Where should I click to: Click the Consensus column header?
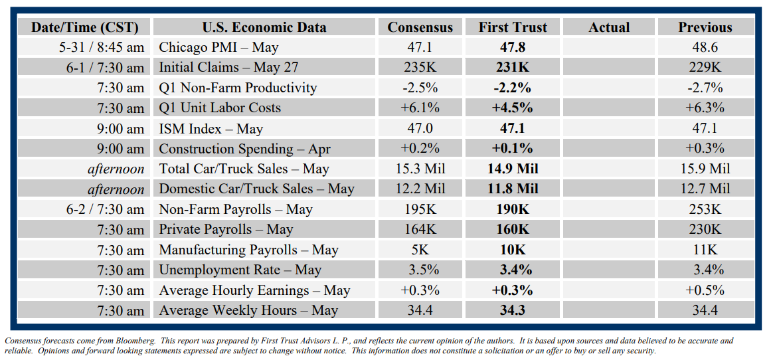[420, 27]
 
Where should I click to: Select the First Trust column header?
[513, 27]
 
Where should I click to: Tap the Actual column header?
[609, 27]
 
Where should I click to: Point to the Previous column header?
[705, 27]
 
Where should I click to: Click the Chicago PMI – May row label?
[218, 47]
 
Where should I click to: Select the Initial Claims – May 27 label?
[228, 68]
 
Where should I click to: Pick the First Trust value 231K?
[513, 68]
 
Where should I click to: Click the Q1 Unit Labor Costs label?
[220, 108]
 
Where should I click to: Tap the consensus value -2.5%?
[420, 88]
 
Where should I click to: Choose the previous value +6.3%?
[705, 108]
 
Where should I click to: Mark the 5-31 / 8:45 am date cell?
[101, 47]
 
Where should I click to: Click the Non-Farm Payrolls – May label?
[235, 209]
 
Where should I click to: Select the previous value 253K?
[705, 209]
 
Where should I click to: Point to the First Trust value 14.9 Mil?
[513, 169]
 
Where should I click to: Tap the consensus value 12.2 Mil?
[420, 189]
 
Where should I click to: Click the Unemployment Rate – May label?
[240, 270]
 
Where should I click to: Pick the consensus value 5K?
[420, 250]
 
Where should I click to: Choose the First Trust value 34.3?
[513, 310]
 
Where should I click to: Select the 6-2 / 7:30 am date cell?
[105, 209]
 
